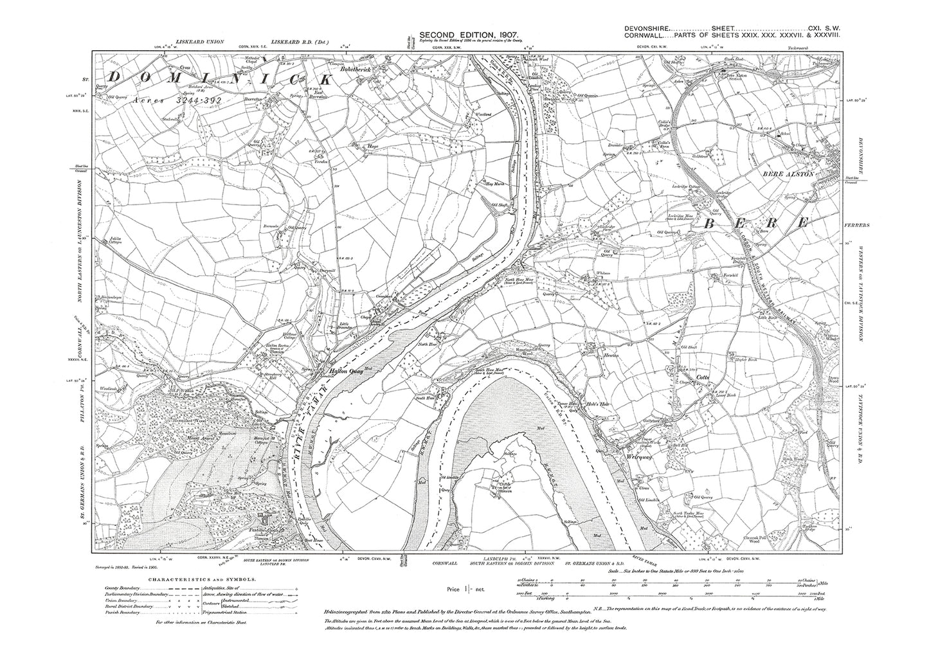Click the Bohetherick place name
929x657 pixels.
click(x=367, y=66)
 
